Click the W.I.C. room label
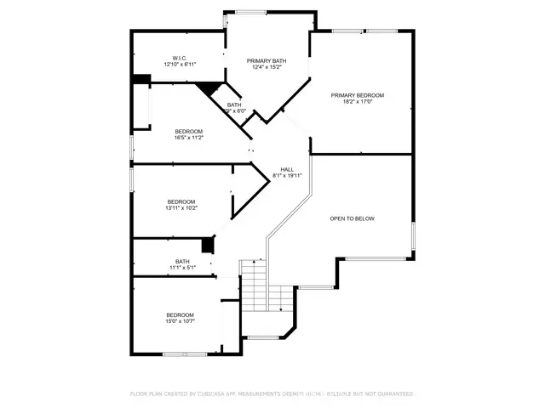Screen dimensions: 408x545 180,59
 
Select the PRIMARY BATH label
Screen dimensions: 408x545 267,60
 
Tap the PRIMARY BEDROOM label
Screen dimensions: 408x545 358,95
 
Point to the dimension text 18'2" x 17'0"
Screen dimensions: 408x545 358,102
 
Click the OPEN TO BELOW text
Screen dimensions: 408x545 352,218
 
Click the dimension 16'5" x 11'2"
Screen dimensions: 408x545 188,138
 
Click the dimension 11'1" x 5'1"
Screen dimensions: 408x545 182,268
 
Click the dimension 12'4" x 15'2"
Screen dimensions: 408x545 267,67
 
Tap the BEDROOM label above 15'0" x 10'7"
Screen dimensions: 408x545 180,315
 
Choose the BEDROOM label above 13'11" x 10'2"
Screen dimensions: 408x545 181,201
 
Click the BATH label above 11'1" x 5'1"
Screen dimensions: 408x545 182,261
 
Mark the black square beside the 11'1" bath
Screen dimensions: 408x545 206,246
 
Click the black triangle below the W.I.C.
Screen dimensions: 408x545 207,87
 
